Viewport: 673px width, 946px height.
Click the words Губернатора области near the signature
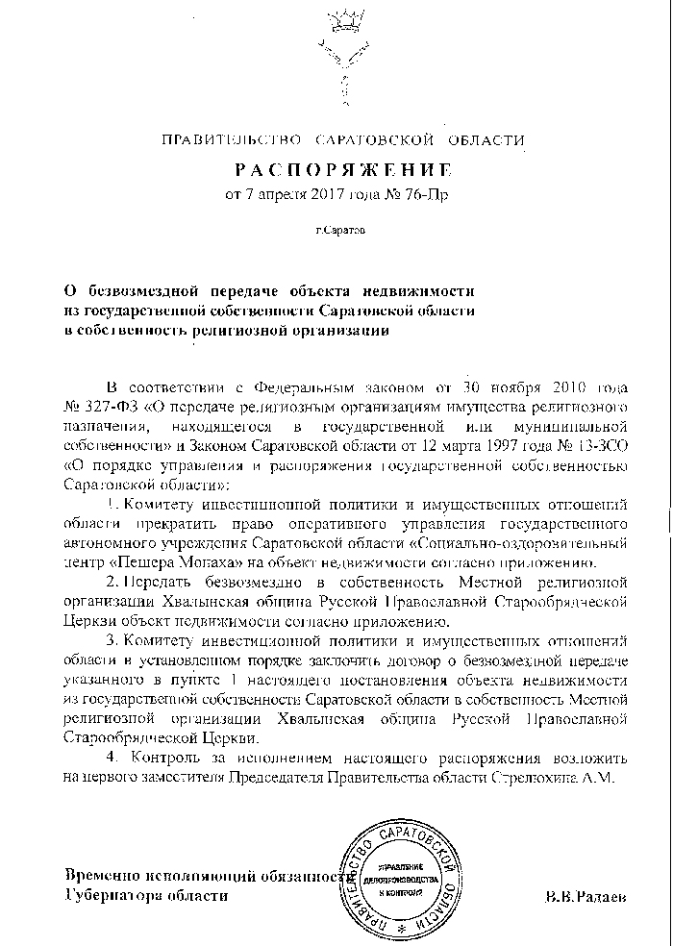point(146,895)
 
